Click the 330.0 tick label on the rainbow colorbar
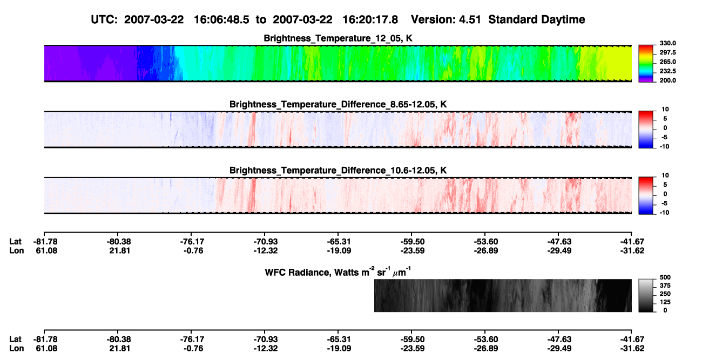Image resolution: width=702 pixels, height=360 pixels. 667,43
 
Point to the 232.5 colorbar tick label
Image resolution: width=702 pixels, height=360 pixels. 667,71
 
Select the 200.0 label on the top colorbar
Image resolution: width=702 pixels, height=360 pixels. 667,80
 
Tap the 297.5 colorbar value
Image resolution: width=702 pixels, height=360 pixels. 667,53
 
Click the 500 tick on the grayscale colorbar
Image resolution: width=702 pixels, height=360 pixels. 665,277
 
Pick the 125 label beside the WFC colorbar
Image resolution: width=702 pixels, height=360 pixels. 665,302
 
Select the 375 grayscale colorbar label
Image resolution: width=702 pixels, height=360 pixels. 665,286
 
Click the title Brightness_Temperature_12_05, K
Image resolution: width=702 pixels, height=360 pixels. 338,38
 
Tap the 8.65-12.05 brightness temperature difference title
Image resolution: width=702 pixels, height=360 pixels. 338,104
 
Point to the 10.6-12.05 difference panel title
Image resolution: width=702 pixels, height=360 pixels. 338,171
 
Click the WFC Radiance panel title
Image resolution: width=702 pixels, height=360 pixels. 338,271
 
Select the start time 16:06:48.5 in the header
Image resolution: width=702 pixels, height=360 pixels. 221,20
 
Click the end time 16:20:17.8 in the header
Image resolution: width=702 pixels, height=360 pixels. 370,20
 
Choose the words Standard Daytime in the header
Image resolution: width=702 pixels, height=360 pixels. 537,20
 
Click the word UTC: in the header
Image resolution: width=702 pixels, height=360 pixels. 104,20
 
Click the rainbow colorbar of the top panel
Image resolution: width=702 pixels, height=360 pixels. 646,64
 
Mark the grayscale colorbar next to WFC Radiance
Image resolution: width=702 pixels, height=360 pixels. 646,295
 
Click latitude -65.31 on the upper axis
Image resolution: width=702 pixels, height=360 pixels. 339,242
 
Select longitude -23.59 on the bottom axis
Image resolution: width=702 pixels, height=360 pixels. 412,349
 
